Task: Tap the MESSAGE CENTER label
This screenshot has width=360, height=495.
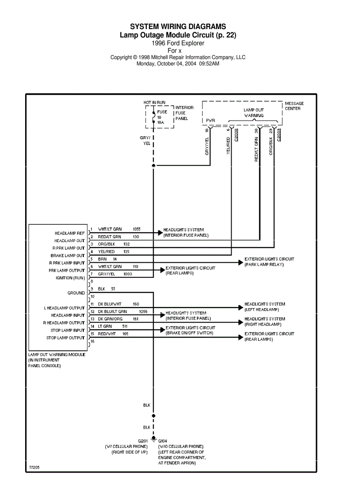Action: coord(294,106)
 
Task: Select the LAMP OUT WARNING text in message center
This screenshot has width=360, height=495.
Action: coord(254,112)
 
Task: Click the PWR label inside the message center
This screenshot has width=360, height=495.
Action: coord(210,120)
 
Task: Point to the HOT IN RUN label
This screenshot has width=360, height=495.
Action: coord(154,102)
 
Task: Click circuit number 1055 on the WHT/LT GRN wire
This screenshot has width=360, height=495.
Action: coord(136,229)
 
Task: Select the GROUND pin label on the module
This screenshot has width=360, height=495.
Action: coord(76,293)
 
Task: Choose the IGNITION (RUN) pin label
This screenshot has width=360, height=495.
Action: coord(70,278)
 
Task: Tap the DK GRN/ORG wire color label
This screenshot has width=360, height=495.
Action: coord(110,318)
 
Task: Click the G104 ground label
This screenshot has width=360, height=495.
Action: coord(163,441)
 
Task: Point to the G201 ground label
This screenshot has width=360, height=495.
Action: coord(143,441)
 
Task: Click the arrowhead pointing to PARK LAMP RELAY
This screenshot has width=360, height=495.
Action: coord(241,262)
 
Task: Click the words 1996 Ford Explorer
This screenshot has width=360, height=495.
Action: coord(178,43)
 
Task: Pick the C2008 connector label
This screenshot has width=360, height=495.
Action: coord(236,135)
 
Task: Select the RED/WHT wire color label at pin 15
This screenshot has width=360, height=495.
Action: coord(107,334)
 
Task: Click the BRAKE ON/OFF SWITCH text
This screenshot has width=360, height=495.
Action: coord(189,333)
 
